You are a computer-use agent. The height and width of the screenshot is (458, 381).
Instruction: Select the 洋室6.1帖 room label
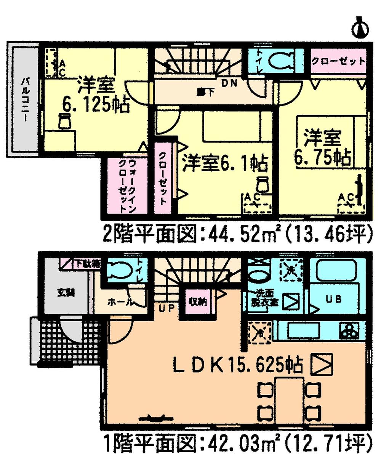224,164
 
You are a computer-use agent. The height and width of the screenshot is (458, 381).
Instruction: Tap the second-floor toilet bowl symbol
280,60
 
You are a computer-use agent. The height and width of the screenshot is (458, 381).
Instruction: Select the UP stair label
166,308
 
